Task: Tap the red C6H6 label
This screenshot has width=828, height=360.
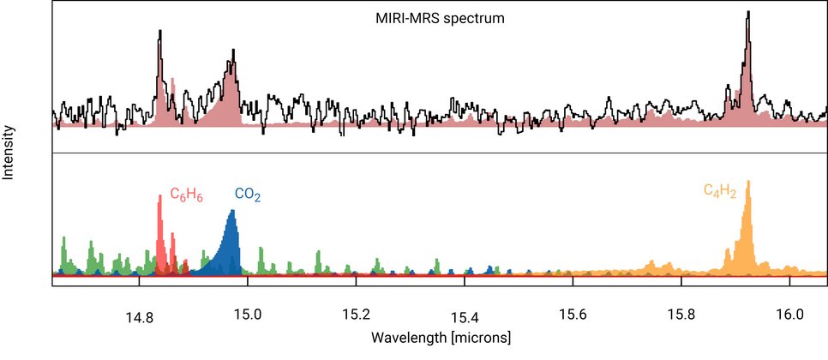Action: coord(185,195)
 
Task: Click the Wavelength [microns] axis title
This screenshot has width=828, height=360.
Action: coord(441,336)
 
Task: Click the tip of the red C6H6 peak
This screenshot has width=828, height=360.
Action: coord(159,196)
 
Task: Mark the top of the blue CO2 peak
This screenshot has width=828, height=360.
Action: coord(231,210)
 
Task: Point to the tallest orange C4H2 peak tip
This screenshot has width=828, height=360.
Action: coord(748,182)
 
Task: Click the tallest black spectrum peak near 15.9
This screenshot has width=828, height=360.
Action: coord(748,12)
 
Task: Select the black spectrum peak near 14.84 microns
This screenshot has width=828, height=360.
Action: coord(159,32)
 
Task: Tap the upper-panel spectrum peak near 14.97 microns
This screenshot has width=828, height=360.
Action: coord(231,61)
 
